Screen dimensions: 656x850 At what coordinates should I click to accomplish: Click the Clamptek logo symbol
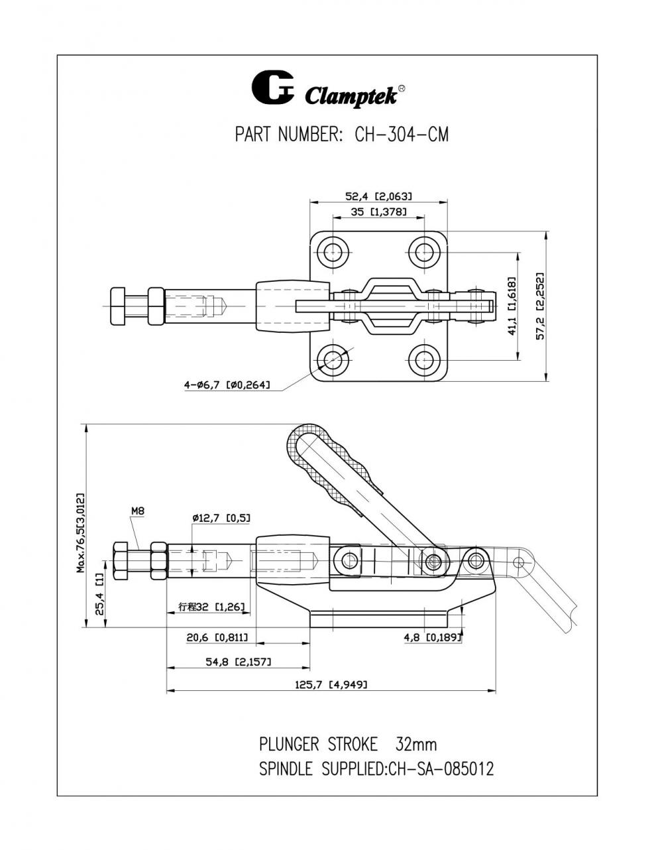pyautogui.click(x=272, y=88)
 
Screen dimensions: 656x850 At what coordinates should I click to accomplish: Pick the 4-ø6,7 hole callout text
pyautogui.click(x=227, y=385)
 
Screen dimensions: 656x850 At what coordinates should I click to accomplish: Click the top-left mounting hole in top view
pyautogui.click(x=333, y=252)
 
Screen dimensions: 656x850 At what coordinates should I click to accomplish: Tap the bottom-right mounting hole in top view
pyautogui.click(x=424, y=359)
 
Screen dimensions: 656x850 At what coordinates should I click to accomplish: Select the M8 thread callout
pyautogui.click(x=138, y=511)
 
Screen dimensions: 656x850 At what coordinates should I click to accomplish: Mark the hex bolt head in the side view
pyautogui.click(x=121, y=561)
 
